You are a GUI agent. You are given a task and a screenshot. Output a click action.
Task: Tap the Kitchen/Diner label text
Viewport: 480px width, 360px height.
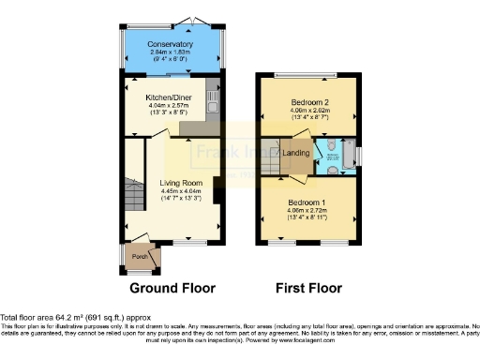[170, 97]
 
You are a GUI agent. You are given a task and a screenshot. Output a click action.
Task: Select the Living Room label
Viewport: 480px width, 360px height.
[169, 183]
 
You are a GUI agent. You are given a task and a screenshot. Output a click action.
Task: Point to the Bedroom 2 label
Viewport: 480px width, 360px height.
[307, 100]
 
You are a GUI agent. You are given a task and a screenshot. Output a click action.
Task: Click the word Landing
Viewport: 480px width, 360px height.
[297, 153]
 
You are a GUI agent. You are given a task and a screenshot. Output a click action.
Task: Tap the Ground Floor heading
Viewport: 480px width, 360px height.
[172, 288]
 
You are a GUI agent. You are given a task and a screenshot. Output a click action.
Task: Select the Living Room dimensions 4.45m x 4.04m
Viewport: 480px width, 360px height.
[169, 192]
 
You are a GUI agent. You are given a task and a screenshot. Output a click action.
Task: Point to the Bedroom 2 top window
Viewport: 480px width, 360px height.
[307, 74]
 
